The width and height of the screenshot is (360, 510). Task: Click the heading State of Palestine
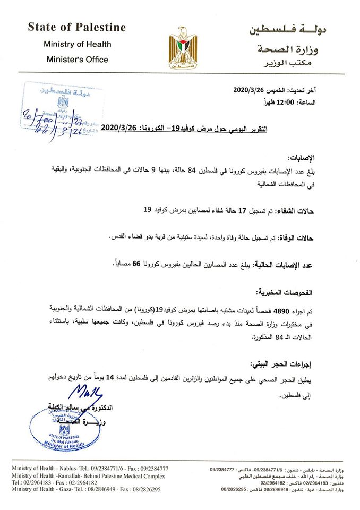76,27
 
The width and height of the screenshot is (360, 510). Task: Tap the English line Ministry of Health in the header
76,44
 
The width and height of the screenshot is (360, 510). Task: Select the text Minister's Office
76,59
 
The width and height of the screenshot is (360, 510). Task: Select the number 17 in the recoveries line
243,211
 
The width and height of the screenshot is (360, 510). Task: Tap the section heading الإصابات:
301,158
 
